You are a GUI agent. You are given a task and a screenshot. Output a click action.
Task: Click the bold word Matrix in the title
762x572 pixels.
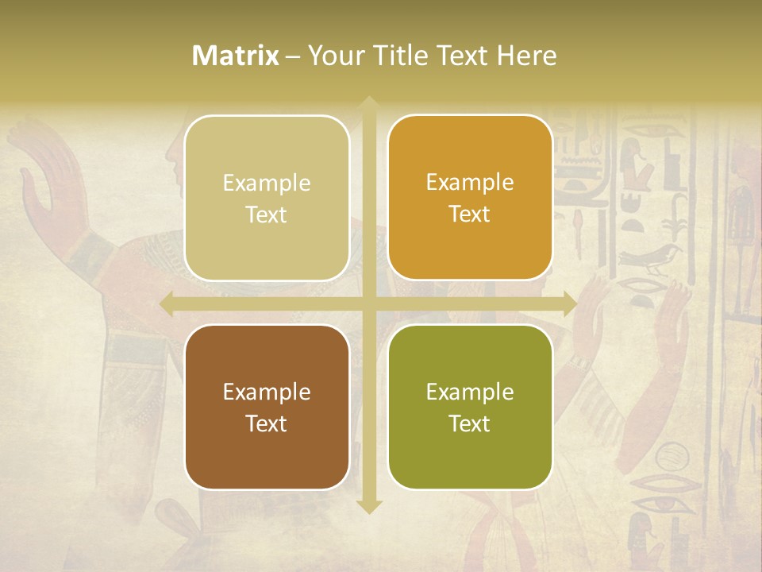coord(236,56)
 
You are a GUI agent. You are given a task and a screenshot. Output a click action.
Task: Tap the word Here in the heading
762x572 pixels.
coord(526,56)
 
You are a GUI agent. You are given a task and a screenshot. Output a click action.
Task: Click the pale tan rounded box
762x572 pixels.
coord(267,198)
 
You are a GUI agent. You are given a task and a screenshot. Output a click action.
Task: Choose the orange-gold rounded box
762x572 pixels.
coord(470,198)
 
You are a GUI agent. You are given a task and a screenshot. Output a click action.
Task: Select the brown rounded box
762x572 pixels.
coord(267,407)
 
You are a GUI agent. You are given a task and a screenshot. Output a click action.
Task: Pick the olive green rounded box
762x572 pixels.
coord(470,407)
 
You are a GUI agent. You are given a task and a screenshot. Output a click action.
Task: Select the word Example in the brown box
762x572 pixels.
coord(267,392)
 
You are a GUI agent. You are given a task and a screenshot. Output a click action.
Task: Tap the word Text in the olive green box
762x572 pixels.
coord(470,423)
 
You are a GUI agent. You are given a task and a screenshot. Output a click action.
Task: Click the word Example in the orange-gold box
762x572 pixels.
coord(470,183)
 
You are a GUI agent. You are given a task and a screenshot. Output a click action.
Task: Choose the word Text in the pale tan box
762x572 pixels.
coord(267,214)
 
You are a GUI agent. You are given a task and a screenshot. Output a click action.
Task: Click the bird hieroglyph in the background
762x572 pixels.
coord(651,258)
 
